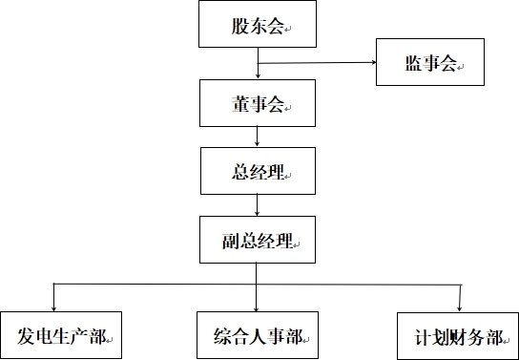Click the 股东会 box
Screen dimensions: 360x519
(257, 25)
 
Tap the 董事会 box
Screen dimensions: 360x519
(257, 103)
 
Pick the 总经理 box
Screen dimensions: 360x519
(257, 171)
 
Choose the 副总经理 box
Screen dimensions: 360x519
(257, 240)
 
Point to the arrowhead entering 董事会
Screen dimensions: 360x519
(257, 75)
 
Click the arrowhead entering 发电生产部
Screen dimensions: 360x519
(53, 306)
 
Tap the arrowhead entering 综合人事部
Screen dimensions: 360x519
(257, 306)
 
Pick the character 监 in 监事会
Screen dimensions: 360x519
(412, 64)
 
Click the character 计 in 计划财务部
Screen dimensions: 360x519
(423, 336)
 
